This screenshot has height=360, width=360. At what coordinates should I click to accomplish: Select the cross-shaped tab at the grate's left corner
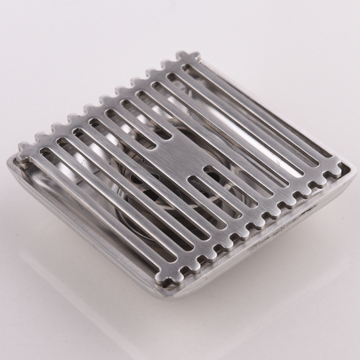24,151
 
